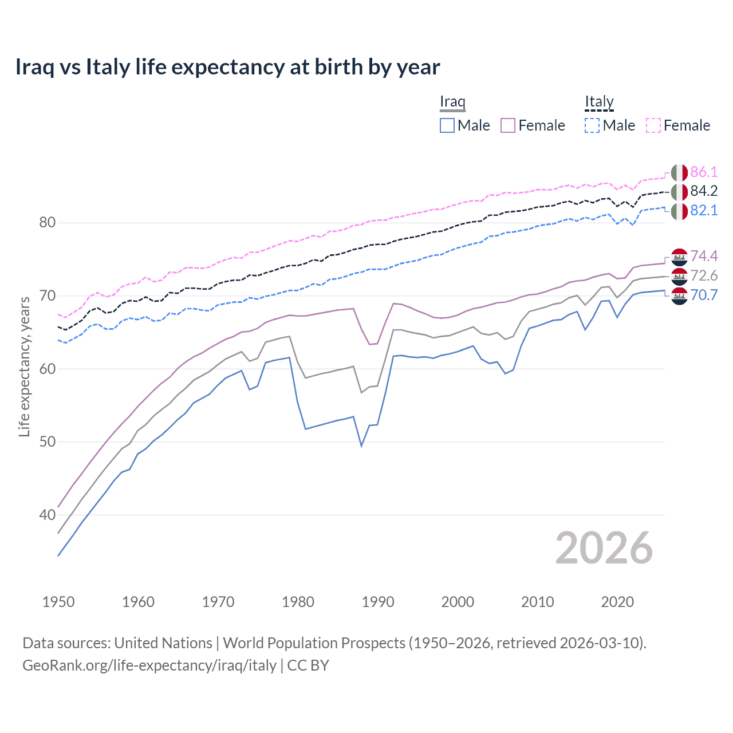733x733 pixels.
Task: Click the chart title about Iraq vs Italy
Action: (x=227, y=67)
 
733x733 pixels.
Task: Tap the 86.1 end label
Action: (x=704, y=172)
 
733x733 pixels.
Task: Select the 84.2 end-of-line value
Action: (x=704, y=191)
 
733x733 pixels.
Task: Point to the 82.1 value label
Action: (x=704, y=210)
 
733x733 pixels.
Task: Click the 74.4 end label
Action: (x=704, y=255)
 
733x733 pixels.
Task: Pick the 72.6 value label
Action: (x=704, y=275)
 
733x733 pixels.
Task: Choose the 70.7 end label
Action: (x=704, y=295)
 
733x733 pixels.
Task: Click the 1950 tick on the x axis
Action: (x=58, y=602)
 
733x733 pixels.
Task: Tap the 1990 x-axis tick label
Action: (x=378, y=602)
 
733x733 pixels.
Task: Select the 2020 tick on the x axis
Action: (x=617, y=602)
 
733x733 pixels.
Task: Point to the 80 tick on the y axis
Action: (x=47, y=222)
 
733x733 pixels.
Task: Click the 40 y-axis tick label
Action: (x=47, y=515)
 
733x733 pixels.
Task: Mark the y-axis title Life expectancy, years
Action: (x=24, y=366)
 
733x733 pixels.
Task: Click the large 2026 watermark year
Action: (x=604, y=548)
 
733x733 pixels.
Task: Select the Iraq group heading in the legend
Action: (x=452, y=102)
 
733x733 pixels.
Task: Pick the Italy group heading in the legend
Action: (x=599, y=102)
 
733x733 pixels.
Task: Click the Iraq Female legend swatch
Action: (x=508, y=125)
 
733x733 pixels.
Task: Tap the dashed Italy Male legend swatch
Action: (x=592, y=125)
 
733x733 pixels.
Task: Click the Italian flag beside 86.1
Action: (x=679, y=172)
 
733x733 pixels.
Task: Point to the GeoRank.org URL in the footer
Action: (x=149, y=665)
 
